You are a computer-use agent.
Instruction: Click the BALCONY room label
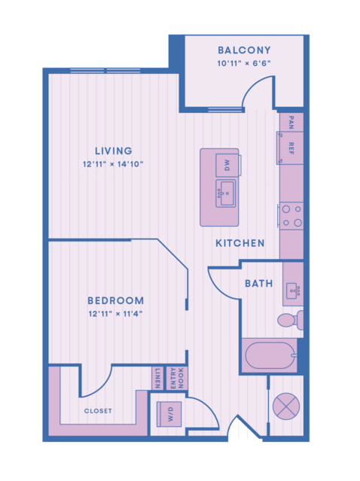[x=244, y=50]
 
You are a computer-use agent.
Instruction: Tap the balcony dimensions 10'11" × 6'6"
[x=244, y=63]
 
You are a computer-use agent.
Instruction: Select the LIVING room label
[x=114, y=151]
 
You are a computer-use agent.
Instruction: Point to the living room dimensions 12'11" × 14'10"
[x=113, y=164]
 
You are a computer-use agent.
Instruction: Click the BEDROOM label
[x=116, y=300]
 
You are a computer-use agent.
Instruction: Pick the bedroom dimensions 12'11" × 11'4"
[x=116, y=314]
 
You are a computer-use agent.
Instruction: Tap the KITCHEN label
[x=240, y=243]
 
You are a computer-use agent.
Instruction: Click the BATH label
[x=259, y=284]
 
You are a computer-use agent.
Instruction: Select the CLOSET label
[x=98, y=411]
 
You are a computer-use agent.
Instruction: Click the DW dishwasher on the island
[x=227, y=166]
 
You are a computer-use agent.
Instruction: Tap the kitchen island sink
[x=226, y=193]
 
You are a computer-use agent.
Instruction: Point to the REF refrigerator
[x=291, y=148]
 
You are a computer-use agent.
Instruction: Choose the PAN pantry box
[x=291, y=122]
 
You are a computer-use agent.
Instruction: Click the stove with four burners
[x=291, y=215]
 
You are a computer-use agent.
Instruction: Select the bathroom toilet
[x=291, y=320]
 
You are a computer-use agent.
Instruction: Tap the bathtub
[x=270, y=355]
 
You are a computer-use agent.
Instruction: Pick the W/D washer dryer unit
[x=169, y=414]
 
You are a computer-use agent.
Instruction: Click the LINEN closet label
[x=157, y=378]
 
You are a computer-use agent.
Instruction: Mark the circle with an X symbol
[x=286, y=406]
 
